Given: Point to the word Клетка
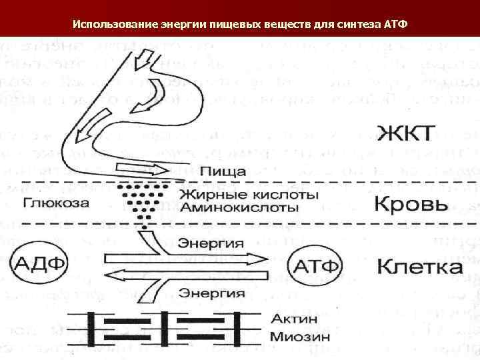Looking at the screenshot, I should [420, 268].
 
